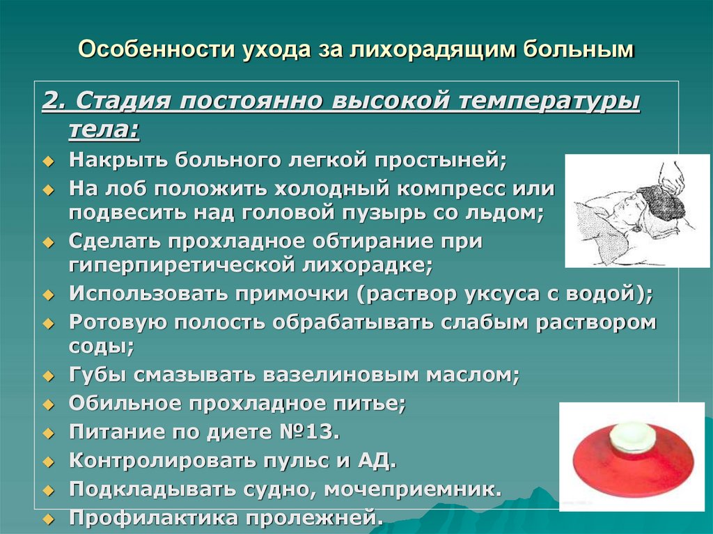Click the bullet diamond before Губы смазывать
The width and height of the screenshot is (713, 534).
[48, 376]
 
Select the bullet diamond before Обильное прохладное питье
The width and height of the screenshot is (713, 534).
[48, 405]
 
